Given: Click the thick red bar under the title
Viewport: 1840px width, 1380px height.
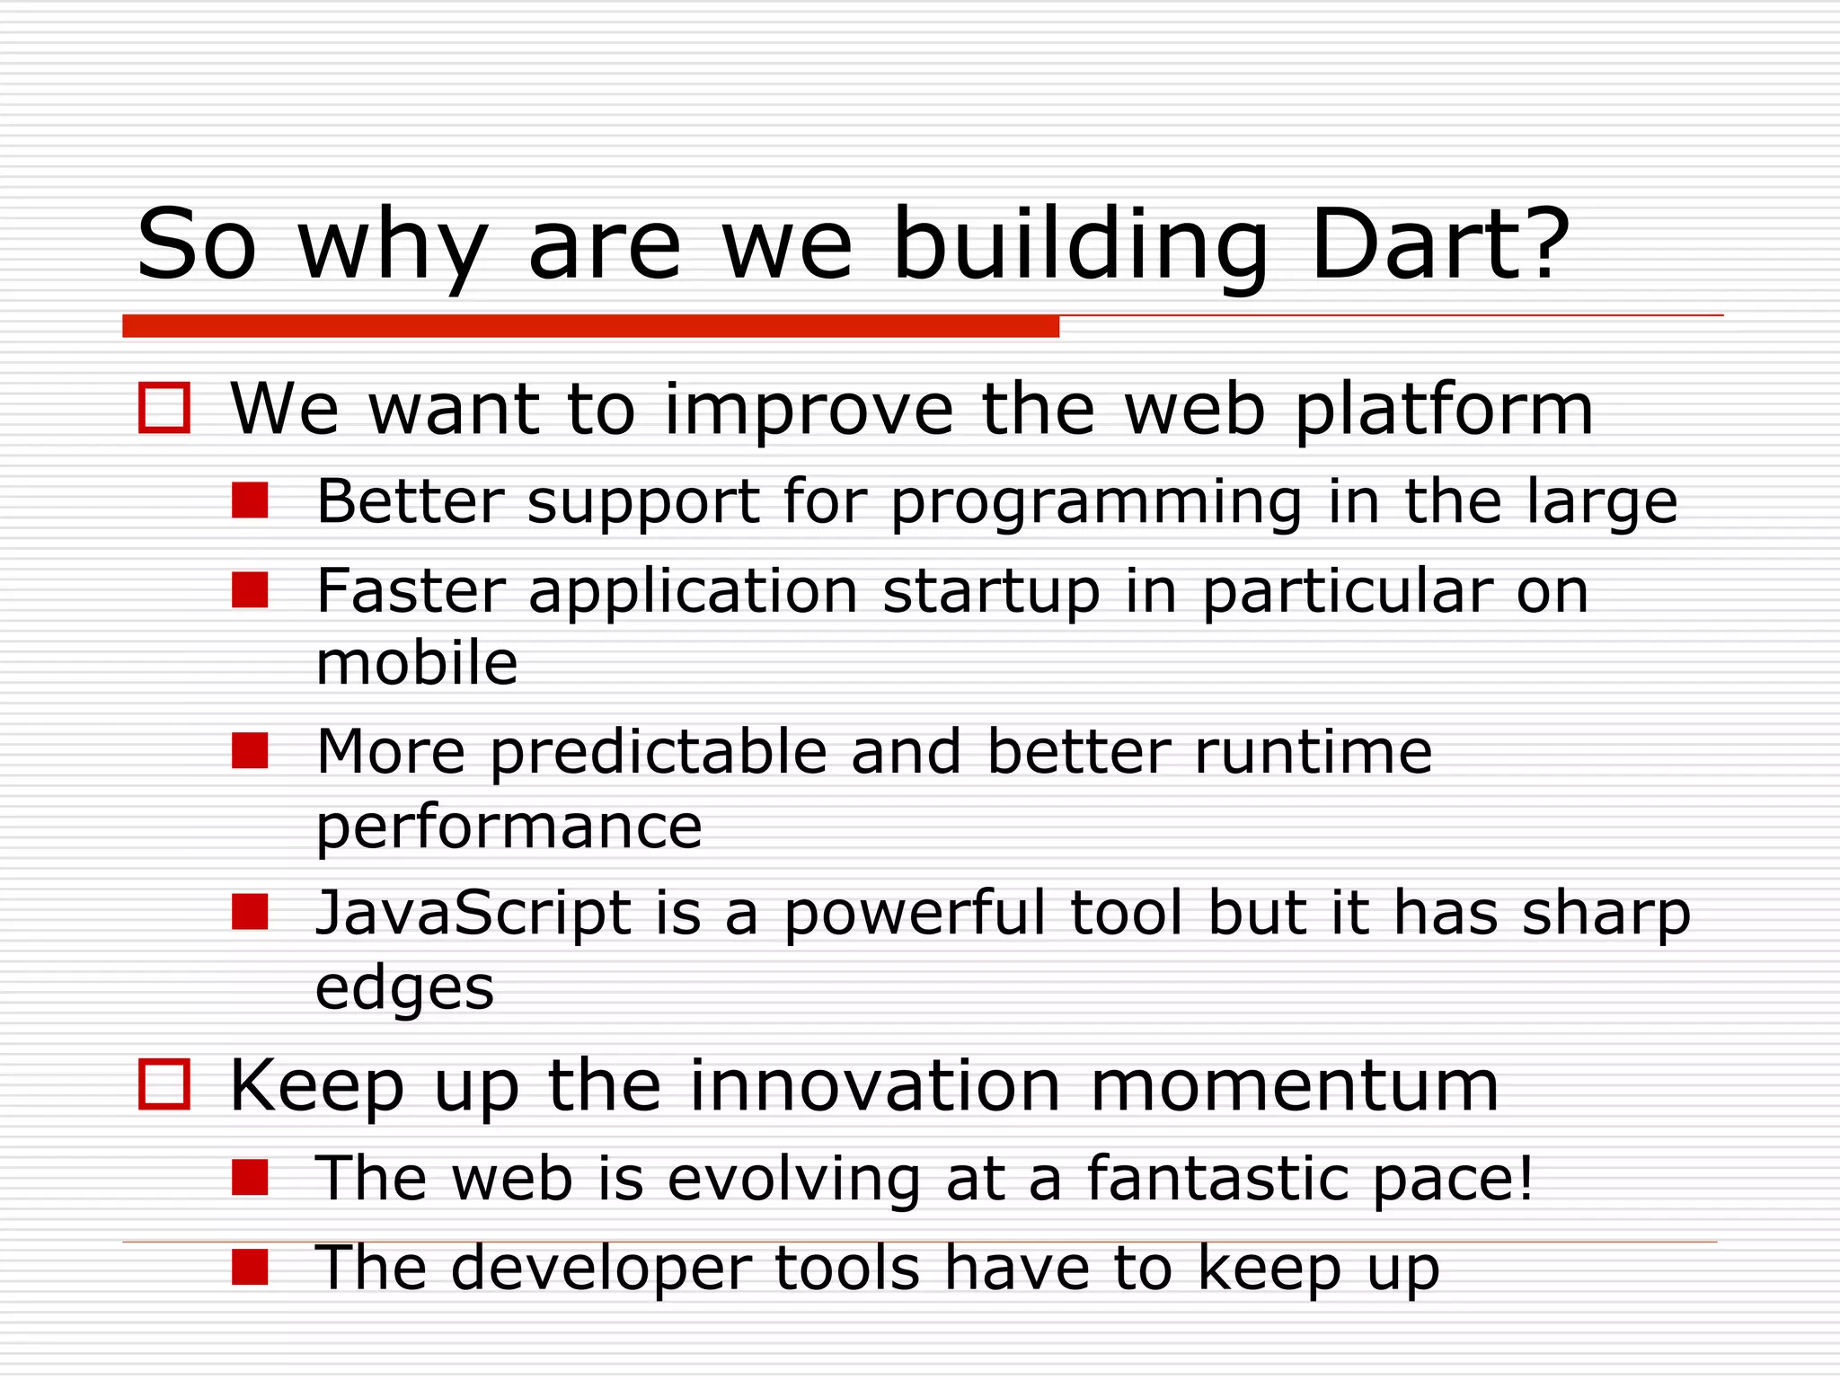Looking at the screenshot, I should click(590, 326).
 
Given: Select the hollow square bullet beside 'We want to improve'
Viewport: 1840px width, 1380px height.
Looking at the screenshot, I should click(164, 409).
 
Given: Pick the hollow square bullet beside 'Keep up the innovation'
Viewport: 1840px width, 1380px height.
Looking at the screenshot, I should click(164, 1084).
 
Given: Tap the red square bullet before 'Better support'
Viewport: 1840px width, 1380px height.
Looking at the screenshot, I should click(250, 500).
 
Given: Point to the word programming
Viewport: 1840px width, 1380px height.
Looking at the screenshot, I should click(1095, 503).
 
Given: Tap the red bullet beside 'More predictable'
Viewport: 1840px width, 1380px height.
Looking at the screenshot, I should click(250, 751).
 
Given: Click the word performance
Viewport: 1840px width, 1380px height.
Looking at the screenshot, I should click(509, 828).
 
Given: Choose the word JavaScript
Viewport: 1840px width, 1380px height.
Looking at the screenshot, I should click(473, 913).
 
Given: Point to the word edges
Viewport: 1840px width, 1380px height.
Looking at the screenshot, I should click(404, 989).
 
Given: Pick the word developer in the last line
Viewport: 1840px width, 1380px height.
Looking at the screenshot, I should click(600, 1269).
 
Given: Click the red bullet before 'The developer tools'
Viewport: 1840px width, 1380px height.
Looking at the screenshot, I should click(250, 1268).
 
